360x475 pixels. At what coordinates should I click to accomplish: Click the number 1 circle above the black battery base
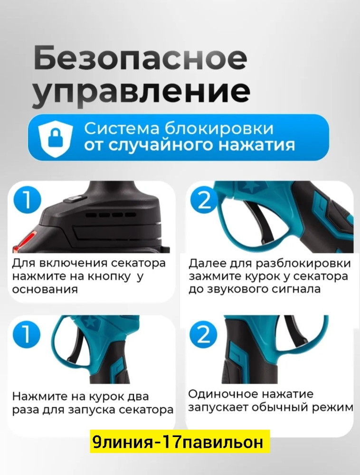[27, 200]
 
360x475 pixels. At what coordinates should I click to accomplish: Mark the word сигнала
[294, 289]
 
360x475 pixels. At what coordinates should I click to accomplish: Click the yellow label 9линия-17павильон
[179, 442]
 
